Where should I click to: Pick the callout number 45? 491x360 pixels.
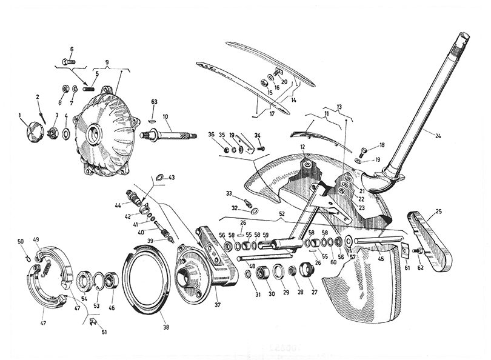pyautogui.click(x=380, y=259)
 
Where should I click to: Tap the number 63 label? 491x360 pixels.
pyautogui.click(x=154, y=102)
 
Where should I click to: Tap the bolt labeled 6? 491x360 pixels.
pyautogui.click(x=68, y=61)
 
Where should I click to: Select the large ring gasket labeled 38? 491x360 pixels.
pyautogui.click(x=145, y=282)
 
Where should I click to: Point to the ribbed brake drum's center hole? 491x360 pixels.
pyautogui.click(x=94, y=135)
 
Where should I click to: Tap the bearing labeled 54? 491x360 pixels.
pyautogui.click(x=84, y=281)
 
